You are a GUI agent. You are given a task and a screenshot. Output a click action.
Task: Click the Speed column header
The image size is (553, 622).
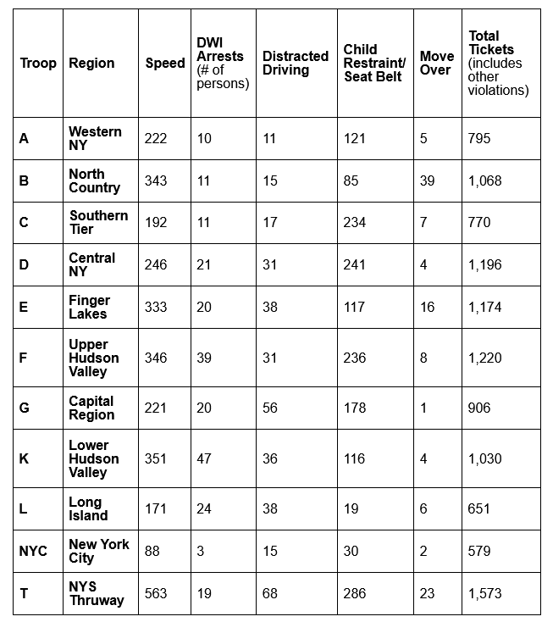pyautogui.click(x=165, y=64)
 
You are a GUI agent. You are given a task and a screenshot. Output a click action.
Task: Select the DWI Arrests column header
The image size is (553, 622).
pyautogui.click(x=222, y=64)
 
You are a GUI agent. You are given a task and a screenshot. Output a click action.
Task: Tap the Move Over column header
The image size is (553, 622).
pyautogui.click(x=436, y=64)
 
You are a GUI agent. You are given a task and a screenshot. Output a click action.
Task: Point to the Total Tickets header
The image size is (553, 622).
pyautogui.click(x=499, y=64)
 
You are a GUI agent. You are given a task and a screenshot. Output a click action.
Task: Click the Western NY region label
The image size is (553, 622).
pyautogui.click(x=95, y=138)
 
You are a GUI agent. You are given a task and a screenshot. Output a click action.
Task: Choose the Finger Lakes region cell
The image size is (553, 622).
pyautogui.click(x=90, y=307)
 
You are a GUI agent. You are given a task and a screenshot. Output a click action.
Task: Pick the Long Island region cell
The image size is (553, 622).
pyautogui.click(x=88, y=508)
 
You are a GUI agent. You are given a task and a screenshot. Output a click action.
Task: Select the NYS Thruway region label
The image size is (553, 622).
pyautogui.click(x=97, y=593)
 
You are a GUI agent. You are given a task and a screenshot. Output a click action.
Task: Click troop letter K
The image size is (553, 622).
pyautogui.click(x=24, y=458)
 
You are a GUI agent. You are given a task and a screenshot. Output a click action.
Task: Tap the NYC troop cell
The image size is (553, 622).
pyautogui.click(x=33, y=551)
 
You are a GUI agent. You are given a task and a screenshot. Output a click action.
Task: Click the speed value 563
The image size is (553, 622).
pyautogui.click(x=156, y=593)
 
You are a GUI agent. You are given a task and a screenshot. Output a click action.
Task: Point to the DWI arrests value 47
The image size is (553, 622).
pyautogui.click(x=205, y=458)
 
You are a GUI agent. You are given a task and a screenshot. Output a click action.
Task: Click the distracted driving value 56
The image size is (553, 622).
pyautogui.click(x=270, y=408)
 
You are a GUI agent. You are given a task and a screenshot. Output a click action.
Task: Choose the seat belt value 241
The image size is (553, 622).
pyautogui.click(x=355, y=264)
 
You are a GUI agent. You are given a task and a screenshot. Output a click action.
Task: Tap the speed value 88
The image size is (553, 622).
pyautogui.click(x=152, y=551)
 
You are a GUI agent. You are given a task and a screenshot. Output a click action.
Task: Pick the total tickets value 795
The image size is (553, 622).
pyautogui.click(x=479, y=138)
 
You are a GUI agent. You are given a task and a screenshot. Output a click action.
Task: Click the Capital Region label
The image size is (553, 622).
pyautogui.click(x=91, y=408)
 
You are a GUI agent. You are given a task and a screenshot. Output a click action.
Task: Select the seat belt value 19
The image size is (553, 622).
pyautogui.click(x=351, y=508)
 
